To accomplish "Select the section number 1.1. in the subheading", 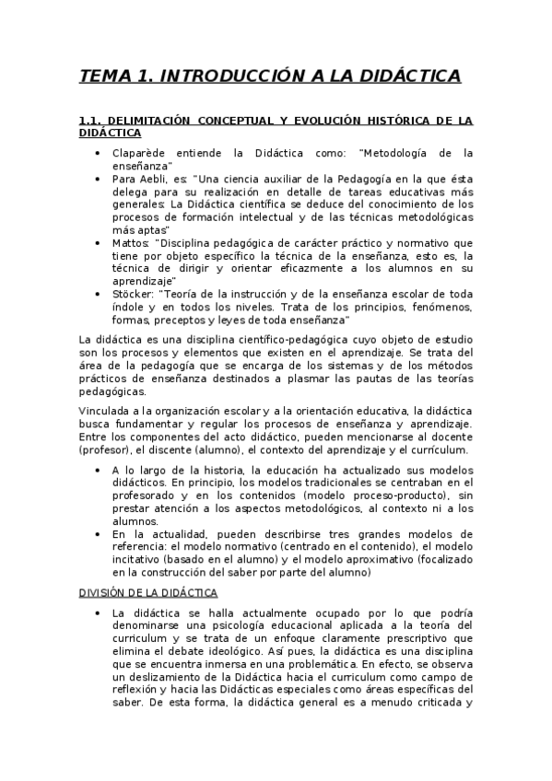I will [94, 121].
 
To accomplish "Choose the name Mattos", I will [130, 242].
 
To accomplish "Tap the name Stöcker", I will [133, 294].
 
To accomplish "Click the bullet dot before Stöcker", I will [98, 294].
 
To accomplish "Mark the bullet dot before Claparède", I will [98, 153].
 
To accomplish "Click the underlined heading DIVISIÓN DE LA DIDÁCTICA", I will [147, 591].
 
